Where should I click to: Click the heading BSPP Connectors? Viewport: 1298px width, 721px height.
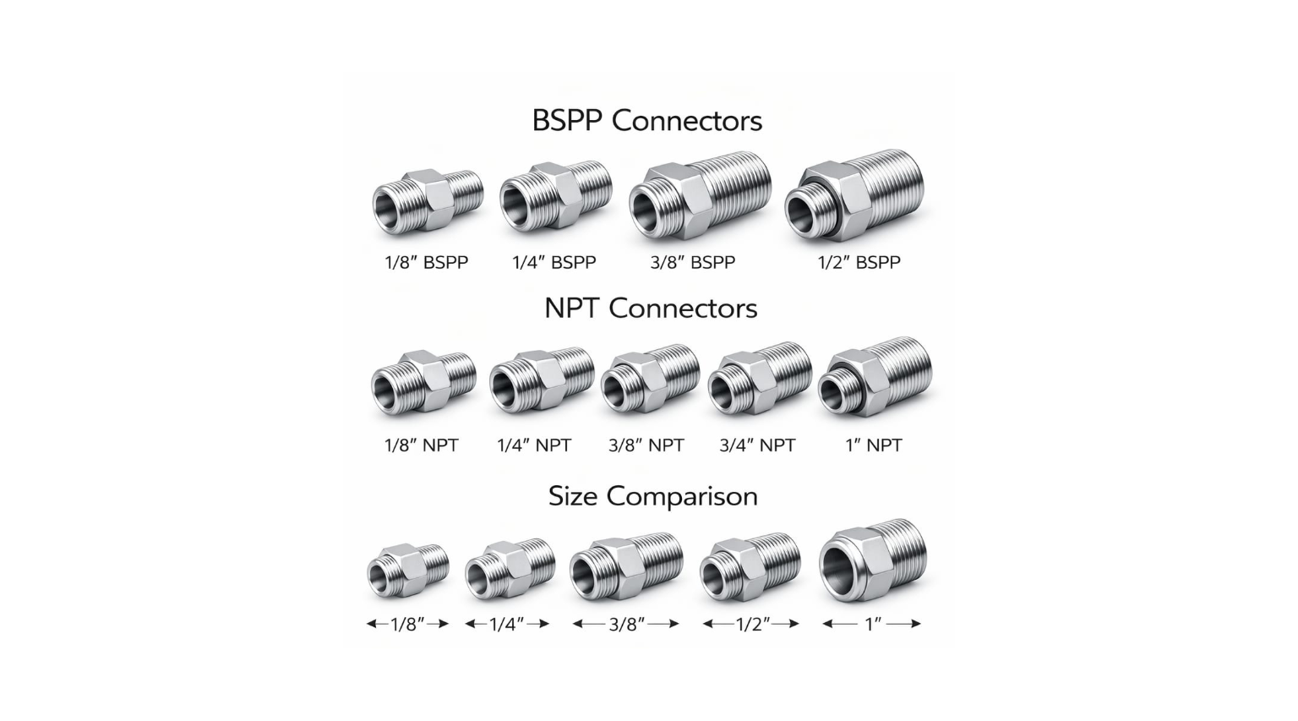tap(646, 121)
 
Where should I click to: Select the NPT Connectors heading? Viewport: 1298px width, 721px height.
tap(650, 308)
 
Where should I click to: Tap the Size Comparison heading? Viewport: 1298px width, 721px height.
tap(652, 495)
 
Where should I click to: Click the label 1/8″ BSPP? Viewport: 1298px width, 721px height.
tap(426, 262)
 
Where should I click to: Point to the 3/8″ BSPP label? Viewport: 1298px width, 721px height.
tap(692, 262)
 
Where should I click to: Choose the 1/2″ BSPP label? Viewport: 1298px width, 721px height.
tap(859, 262)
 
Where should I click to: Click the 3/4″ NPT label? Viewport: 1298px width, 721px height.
tap(757, 445)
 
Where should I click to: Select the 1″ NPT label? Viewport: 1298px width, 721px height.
tap(873, 445)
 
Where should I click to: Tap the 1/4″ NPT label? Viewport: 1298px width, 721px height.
tap(534, 445)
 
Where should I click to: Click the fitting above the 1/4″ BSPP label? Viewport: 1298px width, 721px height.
tap(554, 197)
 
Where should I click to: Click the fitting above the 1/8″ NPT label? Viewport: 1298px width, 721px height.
tap(423, 381)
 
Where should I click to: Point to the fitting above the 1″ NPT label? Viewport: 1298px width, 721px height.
tap(874, 378)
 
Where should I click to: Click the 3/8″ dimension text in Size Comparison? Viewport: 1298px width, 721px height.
tap(626, 624)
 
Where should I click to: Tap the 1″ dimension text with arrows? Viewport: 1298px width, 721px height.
tap(872, 624)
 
